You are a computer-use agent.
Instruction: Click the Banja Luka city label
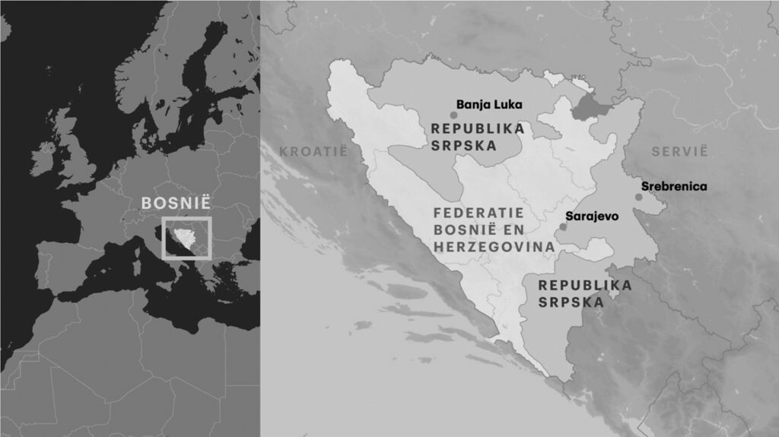[489, 106]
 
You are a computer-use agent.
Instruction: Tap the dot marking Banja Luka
[453, 115]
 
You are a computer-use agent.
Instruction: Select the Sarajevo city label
[592, 217]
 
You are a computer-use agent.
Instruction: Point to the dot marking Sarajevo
[563, 226]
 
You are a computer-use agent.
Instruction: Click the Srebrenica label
[674, 186]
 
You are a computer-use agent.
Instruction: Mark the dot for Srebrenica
[639, 198]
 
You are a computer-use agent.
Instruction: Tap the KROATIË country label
[313, 151]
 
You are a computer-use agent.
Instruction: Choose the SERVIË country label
[679, 151]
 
